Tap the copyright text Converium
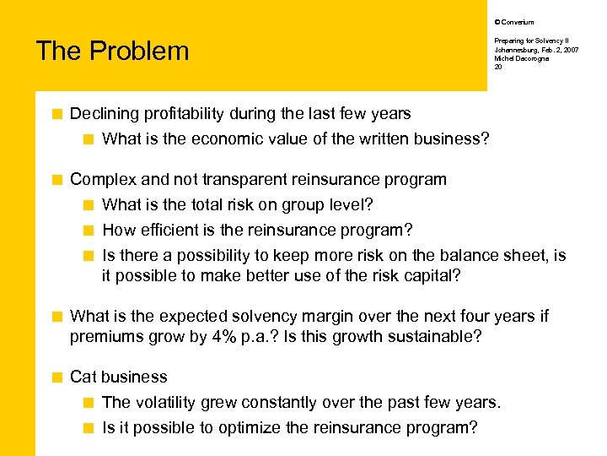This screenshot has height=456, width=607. pyautogui.click(x=517, y=22)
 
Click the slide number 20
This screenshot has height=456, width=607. pyautogui.click(x=497, y=67)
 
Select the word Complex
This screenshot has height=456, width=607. pyautogui.click(x=104, y=179)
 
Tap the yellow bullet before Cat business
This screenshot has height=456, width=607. pyautogui.click(x=57, y=377)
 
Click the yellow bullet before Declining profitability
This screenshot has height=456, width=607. pyautogui.click(x=57, y=114)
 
